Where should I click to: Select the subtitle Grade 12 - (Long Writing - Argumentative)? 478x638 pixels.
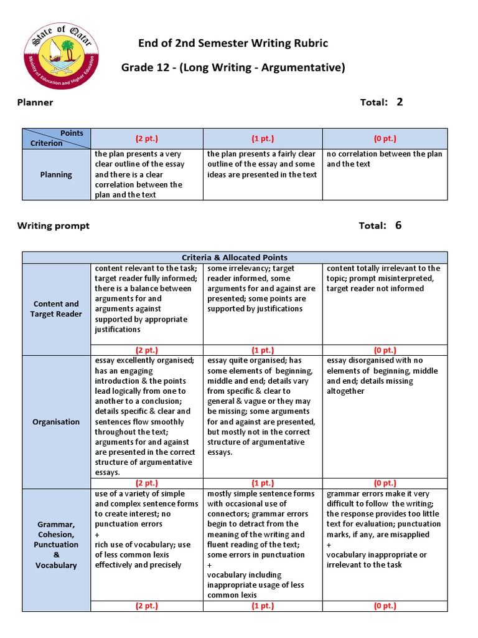point(233,67)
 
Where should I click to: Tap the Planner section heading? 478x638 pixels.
point(35,102)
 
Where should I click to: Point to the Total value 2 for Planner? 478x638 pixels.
point(400,102)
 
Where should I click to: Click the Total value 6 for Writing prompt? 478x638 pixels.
point(398,226)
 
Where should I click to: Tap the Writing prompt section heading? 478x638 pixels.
point(53,226)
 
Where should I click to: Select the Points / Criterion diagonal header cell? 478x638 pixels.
point(57,138)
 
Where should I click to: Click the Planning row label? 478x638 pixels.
point(57,174)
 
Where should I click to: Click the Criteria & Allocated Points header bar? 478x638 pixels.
point(235,257)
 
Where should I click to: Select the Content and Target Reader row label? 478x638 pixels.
point(57,309)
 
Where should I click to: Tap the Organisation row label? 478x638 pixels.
point(57,422)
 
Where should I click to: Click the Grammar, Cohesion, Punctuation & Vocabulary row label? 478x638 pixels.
point(57,545)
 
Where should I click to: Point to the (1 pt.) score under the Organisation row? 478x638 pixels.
point(263,483)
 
